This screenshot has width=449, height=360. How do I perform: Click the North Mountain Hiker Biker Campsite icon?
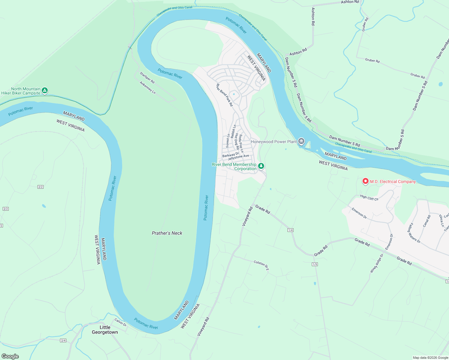point(45,90)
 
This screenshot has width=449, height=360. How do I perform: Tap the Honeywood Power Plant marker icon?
point(301,141)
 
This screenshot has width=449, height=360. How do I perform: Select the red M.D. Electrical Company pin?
point(365,181)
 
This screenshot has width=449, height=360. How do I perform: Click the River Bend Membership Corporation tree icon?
point(261,166)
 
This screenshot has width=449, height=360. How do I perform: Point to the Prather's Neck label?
point(167,233)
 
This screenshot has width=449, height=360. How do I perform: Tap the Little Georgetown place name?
point(105,330)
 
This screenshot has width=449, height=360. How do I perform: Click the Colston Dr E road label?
point(261,265)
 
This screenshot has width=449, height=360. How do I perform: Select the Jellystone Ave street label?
point(238,157)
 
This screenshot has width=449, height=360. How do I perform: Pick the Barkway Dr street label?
point(231,154)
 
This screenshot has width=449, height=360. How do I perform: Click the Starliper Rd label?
point(147,77)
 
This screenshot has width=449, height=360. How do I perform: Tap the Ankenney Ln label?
point(147,88)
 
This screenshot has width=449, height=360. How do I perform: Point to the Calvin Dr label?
point(120,322)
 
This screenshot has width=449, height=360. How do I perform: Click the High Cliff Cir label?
point(369,197)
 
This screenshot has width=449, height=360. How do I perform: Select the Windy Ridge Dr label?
point(377,263)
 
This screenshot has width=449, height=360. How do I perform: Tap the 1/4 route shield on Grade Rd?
point(290,230)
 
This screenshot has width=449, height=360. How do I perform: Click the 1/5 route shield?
point(315,264)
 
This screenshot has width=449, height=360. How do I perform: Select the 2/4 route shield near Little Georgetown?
point(63,340)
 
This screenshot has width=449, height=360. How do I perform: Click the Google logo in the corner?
point(10,356)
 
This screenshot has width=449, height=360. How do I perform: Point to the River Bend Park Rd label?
point(224,95)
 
